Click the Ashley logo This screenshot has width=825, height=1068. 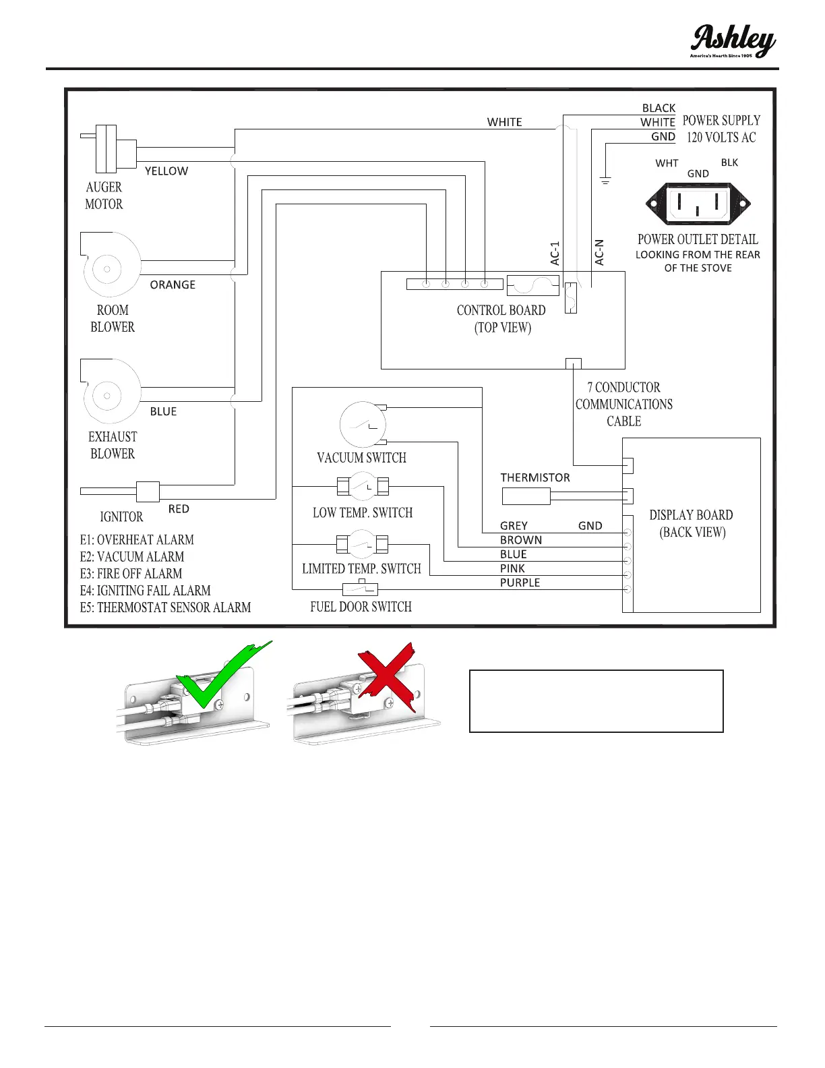(733, 42)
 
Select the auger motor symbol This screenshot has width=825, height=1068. (108, 149)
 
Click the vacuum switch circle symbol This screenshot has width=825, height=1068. (363, 425)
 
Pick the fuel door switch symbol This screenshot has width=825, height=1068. (361, 587)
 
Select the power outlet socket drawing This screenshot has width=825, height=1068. (698, 204)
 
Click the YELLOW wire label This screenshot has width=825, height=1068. (166, 171)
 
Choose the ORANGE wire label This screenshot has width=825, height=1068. (173, 285)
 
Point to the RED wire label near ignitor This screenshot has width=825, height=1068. (179, 509)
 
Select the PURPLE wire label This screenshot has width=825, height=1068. (520, 583)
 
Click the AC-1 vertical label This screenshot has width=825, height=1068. (555, 254)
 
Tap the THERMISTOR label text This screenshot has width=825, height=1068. (534, 477)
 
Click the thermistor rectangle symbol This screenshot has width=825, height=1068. (526, 497)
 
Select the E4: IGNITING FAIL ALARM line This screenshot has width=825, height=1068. (145, 591)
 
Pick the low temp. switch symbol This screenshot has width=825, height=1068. (363, 485)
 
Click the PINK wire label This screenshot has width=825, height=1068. (512, 568)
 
